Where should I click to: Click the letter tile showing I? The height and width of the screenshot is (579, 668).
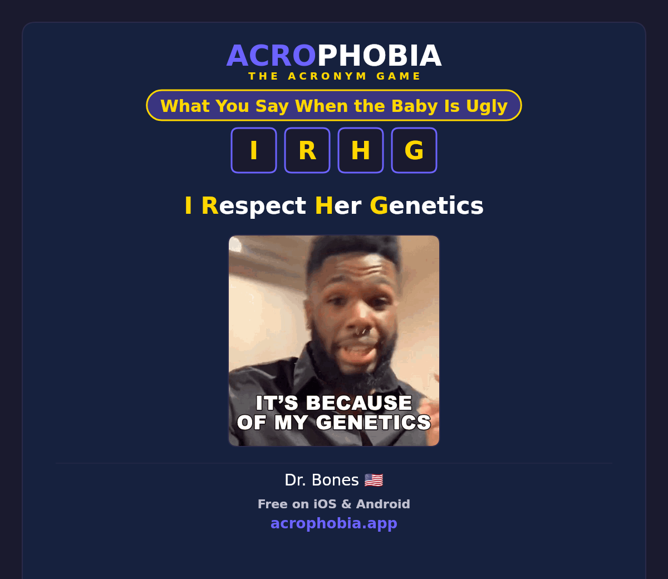pos(254,150)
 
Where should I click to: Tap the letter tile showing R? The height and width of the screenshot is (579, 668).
pos(307,150)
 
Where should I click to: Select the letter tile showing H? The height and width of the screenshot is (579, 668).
pos(361,150)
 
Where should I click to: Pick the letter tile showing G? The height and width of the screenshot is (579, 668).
pos(414,150)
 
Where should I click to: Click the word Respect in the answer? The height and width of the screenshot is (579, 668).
pos(254,206)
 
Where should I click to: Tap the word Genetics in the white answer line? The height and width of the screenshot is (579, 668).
pos(426,206)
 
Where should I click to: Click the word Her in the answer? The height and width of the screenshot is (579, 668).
pos(338,206)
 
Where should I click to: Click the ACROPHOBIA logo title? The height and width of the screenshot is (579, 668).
pos(334,56)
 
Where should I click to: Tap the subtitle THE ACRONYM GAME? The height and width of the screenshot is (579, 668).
pos(334,76)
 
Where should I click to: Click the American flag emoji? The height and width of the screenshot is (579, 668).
pos(374,480)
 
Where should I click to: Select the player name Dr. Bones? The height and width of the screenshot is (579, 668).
pos(322,480)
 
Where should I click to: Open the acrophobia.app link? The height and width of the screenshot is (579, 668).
pos(334,523)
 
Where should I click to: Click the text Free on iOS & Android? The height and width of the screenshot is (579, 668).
pos(334,504)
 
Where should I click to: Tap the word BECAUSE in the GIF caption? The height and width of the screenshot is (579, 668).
pos(359,403)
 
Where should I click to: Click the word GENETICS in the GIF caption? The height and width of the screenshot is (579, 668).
pos(374,422)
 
